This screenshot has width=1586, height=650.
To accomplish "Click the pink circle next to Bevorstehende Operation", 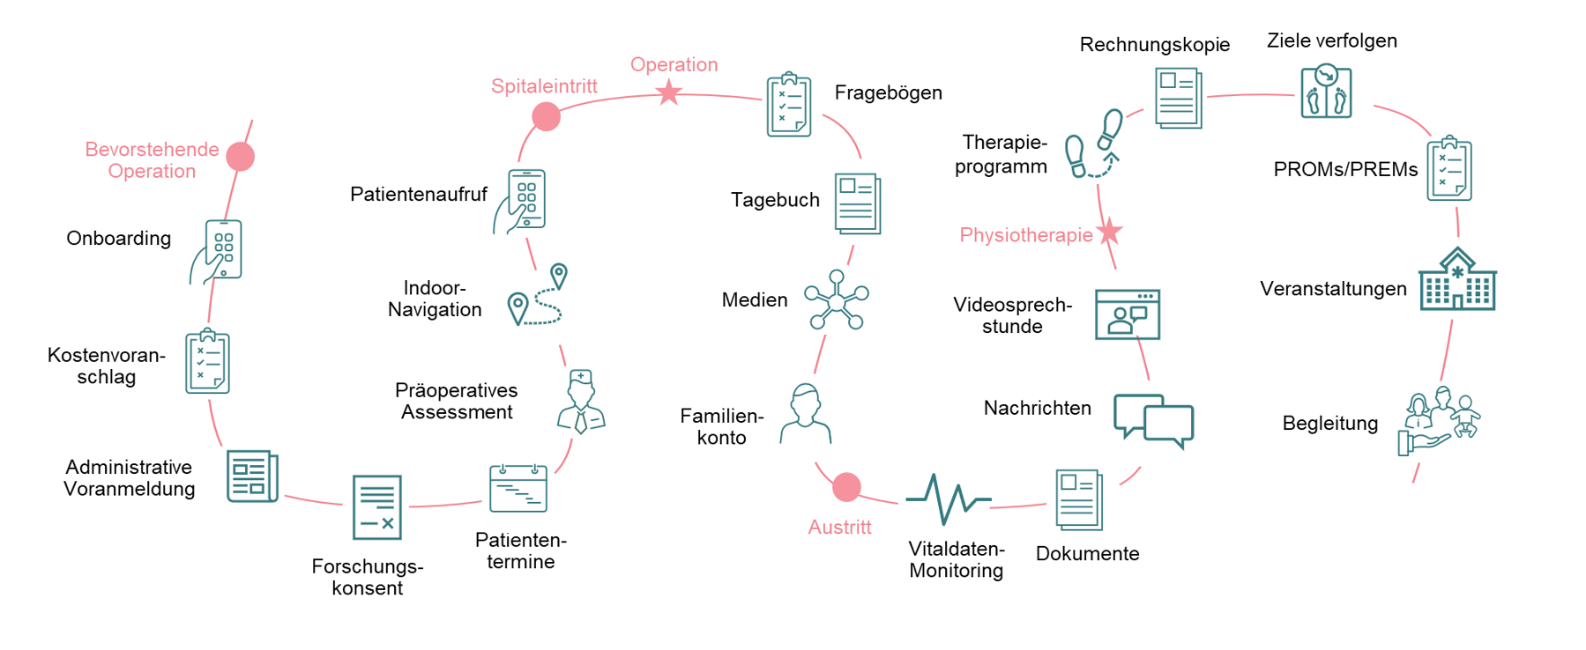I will pos(240,156).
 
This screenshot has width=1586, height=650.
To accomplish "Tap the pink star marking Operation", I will pos(669,92).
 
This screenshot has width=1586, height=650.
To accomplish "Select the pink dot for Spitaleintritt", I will pos(546,116).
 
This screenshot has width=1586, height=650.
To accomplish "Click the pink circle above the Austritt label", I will pos(846,486).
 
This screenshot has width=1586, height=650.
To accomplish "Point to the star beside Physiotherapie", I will pos(1109,232).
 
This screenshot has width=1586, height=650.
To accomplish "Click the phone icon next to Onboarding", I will pos(218,252).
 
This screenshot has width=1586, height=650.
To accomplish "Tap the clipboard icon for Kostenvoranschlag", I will pos(207,361).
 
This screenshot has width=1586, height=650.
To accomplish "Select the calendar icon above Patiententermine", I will pos(518,488).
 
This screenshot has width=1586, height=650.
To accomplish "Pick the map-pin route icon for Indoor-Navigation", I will pos(537,296).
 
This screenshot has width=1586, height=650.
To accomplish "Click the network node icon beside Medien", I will pos(836,301).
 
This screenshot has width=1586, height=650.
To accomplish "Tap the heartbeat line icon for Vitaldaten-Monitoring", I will pos(948,499).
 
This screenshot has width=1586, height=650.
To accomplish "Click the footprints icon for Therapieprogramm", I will pos(1092,144).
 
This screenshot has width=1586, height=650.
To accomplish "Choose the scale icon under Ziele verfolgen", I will pos(1326,92).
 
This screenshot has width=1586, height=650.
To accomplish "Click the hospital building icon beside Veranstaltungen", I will pos(1457,280).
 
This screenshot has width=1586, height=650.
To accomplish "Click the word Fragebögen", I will pos(888,92).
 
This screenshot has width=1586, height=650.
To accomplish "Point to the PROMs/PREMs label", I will pos(1345,169).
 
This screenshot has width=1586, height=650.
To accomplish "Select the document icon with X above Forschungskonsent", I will pos(376,507).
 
